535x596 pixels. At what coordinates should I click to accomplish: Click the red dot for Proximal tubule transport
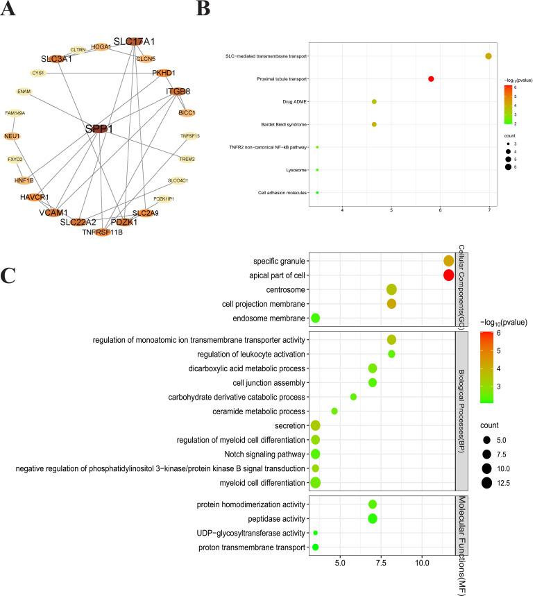(431, 79)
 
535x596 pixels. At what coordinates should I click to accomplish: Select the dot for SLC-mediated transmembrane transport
(489, 56)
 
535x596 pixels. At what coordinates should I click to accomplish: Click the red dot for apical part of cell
(448, 275)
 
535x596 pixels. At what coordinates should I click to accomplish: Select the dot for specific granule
(448, 261)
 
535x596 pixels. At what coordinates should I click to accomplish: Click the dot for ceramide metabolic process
(334, 411)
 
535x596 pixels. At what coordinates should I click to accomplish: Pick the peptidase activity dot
(373, 518)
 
